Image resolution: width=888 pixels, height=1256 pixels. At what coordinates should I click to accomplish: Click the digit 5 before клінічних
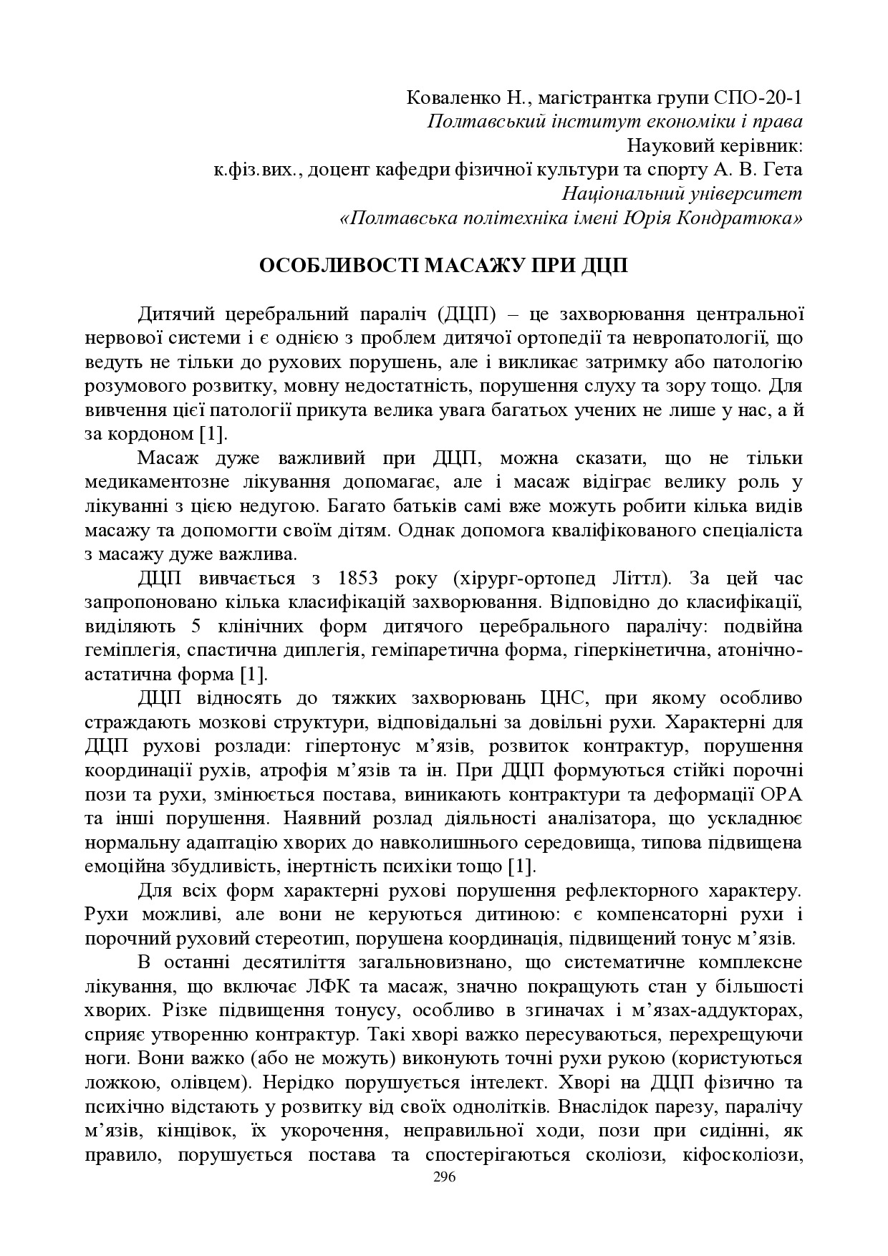(x=196, y=627)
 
